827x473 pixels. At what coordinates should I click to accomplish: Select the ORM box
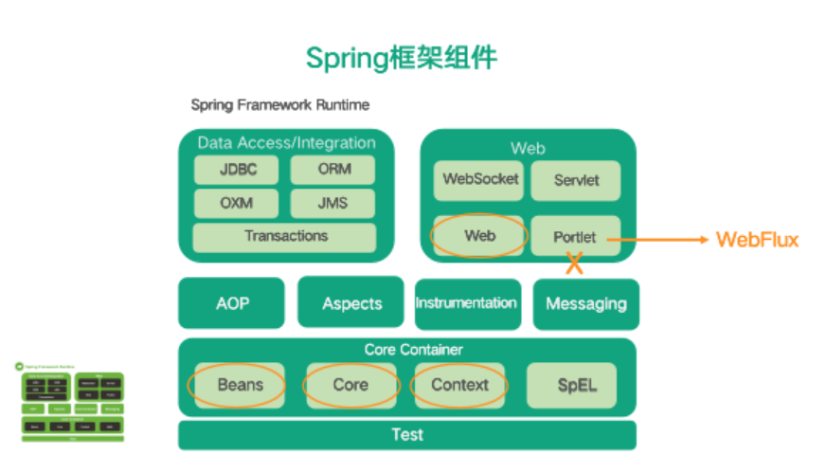pyautogui.click(x=333, y=171)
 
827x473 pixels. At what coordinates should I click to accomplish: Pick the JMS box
pyautogui.click(x=333, y=203)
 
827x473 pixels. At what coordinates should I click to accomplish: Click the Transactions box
pyautogui.click(x=284, y=236)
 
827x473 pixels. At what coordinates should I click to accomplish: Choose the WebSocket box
pyautogui.click(x=478, y=179)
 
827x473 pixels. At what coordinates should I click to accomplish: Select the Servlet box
pyautogui.click(x=575, y=180)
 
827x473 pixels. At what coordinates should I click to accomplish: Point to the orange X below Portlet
pyautogui.click(x=574, y=265)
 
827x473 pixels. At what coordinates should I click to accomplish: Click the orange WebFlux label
pyautogui.click(x=757, y=240)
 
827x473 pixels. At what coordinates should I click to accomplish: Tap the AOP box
pyautogui.click(x=231, y=303)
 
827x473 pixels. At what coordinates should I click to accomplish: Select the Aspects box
pyautogui.click(x=351, y=303)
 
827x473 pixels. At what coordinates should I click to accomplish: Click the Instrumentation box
pyautogui.click(x=467, y=303)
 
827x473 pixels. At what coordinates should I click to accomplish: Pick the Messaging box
pyautogui.click(x=585, y=304)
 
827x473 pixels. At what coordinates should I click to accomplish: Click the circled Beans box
pyautogui.click(x=239, y=385)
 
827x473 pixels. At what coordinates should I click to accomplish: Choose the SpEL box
pyautogui.click(x=571, y=385)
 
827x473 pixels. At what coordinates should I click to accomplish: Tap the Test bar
pyautogui.click(x=407, y=435)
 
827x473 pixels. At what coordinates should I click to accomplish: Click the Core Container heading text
pyautogui.click(x=407, y=350)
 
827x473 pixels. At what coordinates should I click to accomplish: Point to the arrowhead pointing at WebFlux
pyautogui.click(x=704, y=240)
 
